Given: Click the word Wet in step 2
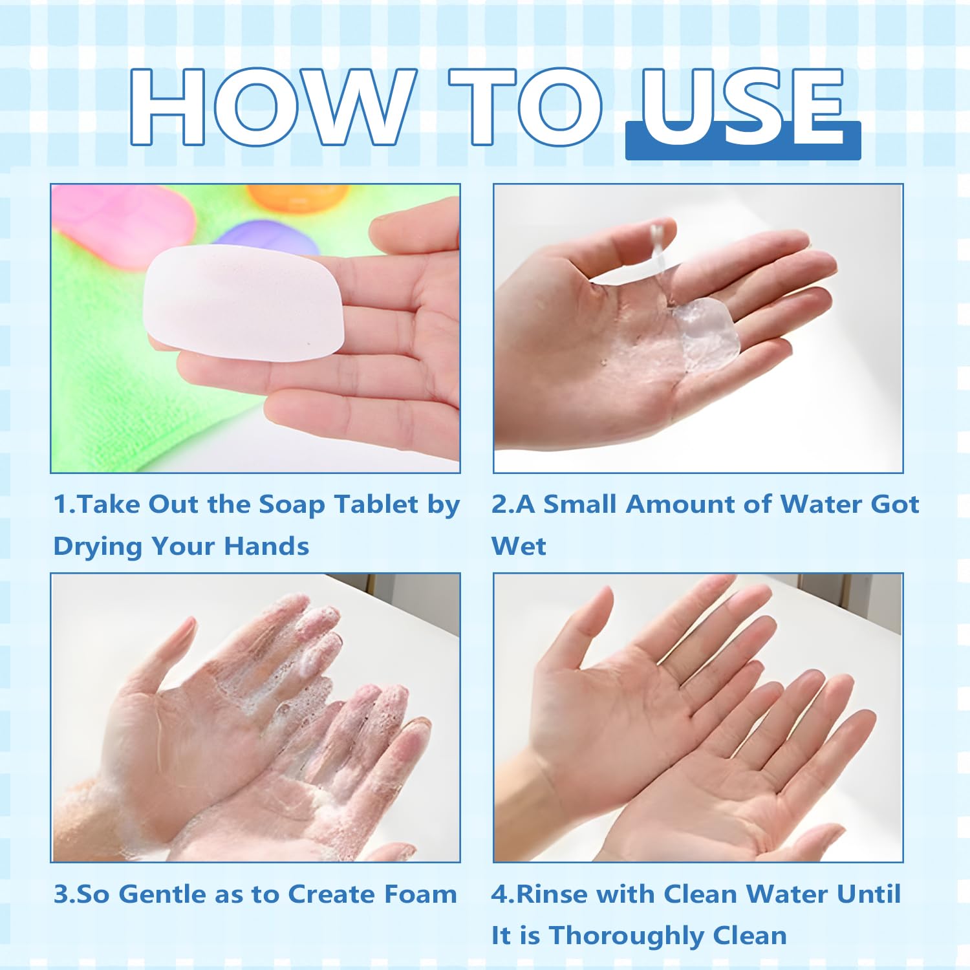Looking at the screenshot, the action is click(519, 546).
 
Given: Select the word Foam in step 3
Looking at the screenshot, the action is click(420, 894).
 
